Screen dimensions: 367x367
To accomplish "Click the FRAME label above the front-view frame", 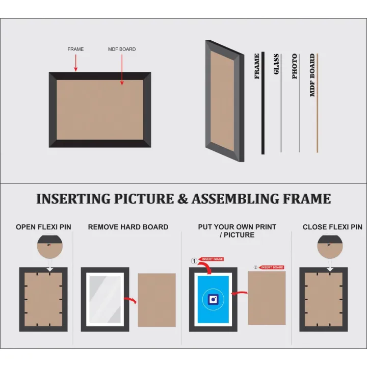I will tap(75, 49).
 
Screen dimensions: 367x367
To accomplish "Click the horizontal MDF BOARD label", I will tap(122, 49).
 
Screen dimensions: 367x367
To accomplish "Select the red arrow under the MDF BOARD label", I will tap(122, 69).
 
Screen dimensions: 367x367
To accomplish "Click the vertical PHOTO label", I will tap(295, 66).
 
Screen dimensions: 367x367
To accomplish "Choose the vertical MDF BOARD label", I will tap(312, 75).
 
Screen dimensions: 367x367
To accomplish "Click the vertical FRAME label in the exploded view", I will tap(257, 66).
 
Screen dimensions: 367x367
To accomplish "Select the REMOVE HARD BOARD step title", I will tap(128, 227).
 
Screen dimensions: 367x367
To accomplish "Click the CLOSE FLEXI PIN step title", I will tap(332, 227).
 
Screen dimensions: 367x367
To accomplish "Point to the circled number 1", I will tap(194, 261).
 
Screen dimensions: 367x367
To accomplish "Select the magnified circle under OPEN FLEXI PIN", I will tap(49, 247).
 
